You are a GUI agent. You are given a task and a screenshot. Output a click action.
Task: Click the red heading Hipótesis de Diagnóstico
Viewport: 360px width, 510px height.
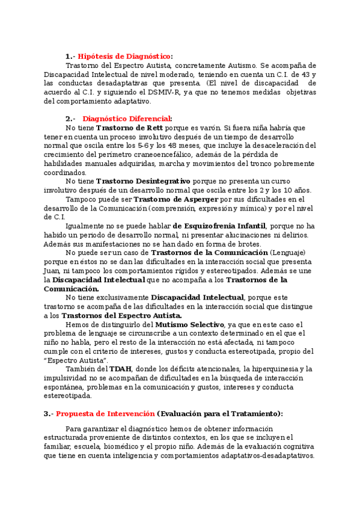click(x=124, y=56)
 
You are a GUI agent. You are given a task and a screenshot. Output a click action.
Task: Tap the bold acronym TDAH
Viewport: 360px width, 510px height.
click(x=120, y=368)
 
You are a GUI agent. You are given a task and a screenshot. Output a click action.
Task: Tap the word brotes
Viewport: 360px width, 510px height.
click(x=228, y=244)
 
